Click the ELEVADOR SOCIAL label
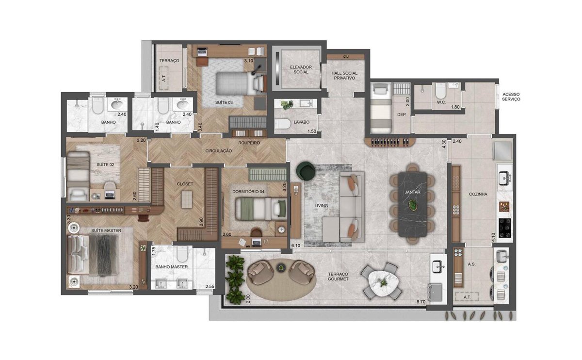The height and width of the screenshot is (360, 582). coord(301,69)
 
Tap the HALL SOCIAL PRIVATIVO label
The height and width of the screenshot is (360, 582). coord(344,75)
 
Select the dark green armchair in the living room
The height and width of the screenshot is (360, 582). coord(306,170)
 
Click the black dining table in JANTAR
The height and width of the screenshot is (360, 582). coord(413,204)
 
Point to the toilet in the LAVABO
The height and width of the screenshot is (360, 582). coord(282,124)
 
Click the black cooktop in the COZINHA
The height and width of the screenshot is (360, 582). coord(505,228)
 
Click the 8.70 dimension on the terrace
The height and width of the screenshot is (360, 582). coord(421,302)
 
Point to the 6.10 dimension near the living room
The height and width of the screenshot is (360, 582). coord(296,245)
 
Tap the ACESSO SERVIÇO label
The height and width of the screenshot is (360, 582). coord(511,97)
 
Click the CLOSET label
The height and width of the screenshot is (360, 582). coord(185,184)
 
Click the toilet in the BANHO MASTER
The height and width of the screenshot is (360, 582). coord(182,254)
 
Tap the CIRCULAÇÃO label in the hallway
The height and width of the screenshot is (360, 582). coord(219,151)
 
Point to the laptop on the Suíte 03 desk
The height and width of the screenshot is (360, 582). coord(202,52)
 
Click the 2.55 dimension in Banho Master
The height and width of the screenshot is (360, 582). coord(210,286)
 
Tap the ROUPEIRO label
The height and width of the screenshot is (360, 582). coord(249,143)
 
